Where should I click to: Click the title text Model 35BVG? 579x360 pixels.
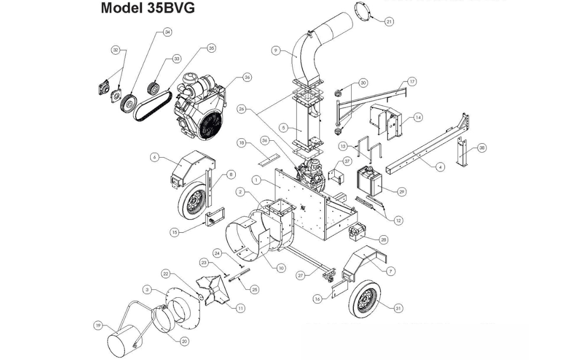pyautogui.click(x=148, y=8)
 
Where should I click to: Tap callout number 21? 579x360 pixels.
pyautogui.click(x=389, y=21)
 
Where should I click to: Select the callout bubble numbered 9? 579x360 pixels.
pyautogui.click(x=276, y=50)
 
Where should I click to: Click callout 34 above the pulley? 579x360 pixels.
pyautogui.click(x=167, y=32)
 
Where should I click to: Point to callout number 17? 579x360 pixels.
pyautogui.click(x=412, y=82)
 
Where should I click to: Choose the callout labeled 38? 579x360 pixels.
pyautogui.click(x=482, y=148)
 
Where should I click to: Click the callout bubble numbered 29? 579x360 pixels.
pyautogui.click(x=401, y=191)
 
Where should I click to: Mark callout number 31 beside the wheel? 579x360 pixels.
pyautogui.click(x=398, y=308)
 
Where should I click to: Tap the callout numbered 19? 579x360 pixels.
pyautogui.click(x=98, y=326)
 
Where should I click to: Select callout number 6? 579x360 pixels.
pyautogui.click(x=155, y=157)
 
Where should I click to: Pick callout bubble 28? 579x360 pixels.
pyautogui.click(x=383, y=240)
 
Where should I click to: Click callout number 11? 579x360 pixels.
pyautogui.click(x=240, y=308)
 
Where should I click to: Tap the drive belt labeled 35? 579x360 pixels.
pyautogui.click(x=151, y=106)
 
